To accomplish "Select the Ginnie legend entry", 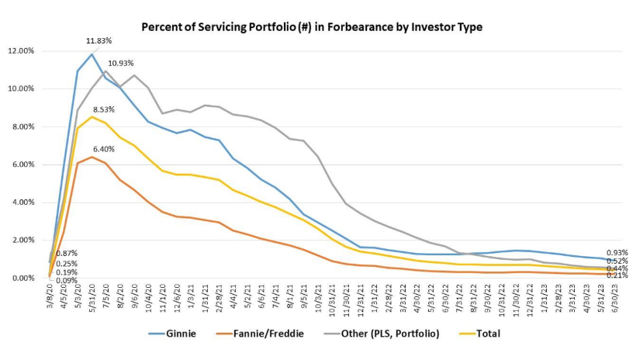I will tap(175, 334).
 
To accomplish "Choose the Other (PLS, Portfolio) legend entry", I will tap(386, 334).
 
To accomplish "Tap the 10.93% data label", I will tap(121, 63).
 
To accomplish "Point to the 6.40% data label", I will tap(104, 148).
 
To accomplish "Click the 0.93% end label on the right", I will tap(617, 253).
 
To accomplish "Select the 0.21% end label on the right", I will tap(617, 275).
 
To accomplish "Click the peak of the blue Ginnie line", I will tap(92, 54).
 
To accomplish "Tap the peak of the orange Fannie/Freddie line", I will tap(92, 157).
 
